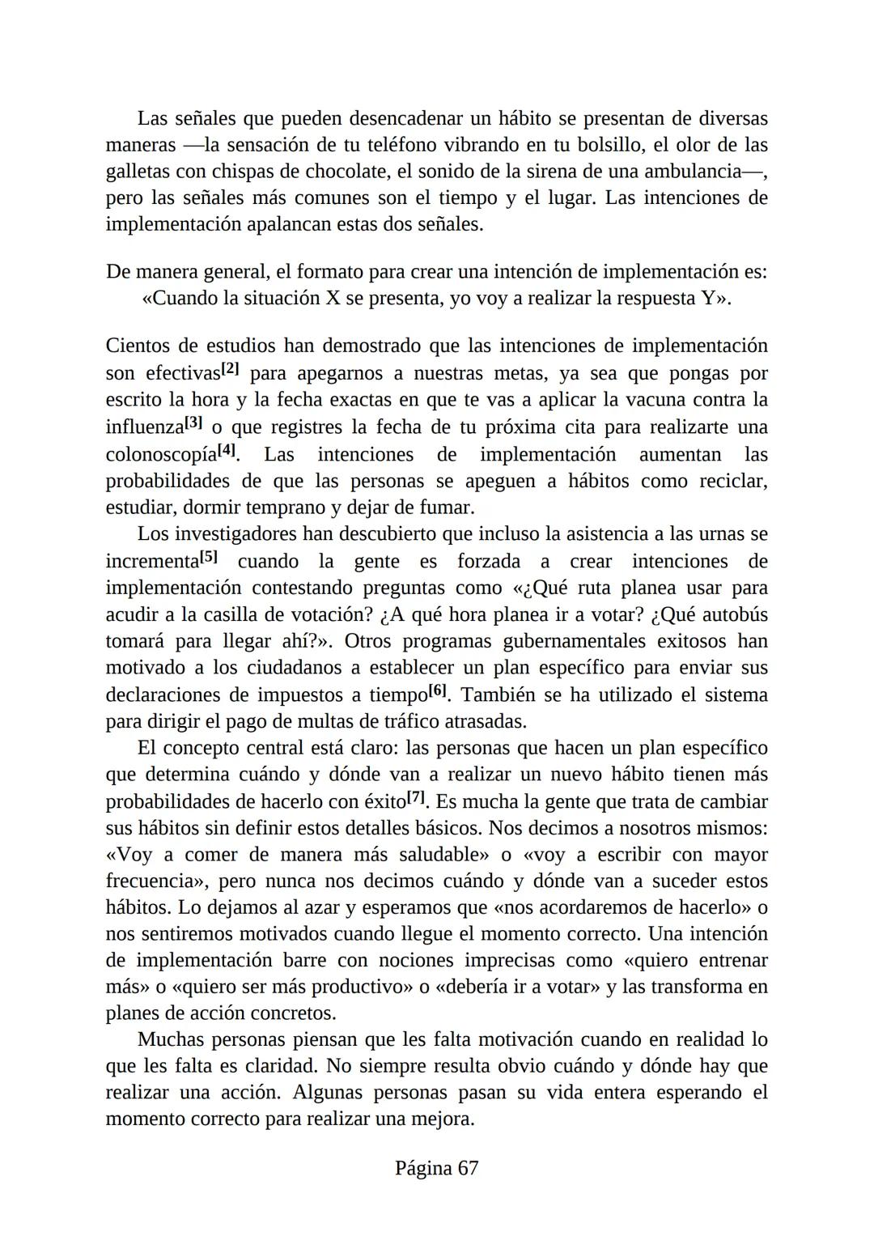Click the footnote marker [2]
pos(231,370)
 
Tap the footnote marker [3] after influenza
pos(193,423)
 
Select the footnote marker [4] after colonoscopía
pos(227,450)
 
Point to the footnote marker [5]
pos(210,557)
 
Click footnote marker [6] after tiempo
pos(437,690)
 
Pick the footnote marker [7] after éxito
pos(416,797)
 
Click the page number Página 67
pos(436,1168)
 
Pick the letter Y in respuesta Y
pos(707,299)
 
